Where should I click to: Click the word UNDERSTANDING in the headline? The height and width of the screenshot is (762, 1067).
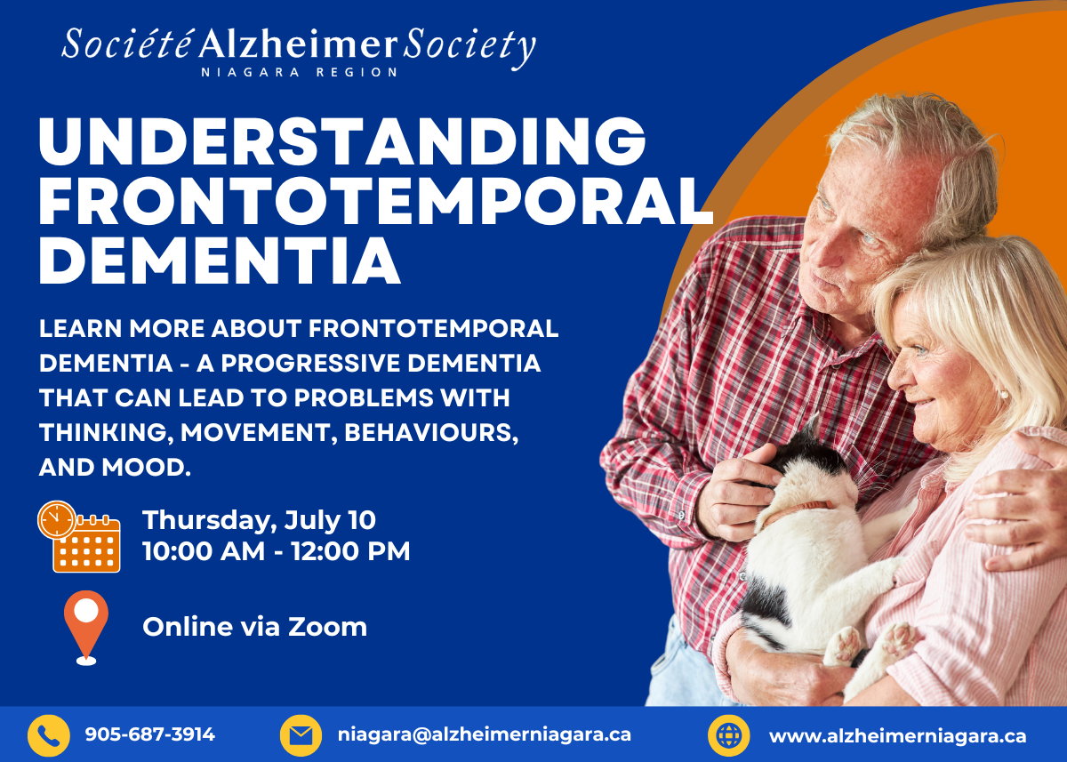(342, 141)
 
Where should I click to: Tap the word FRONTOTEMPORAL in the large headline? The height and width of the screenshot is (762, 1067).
(375, 200)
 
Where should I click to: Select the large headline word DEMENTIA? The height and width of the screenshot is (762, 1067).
(220, 260)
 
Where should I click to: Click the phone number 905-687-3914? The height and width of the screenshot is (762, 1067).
(150, 734)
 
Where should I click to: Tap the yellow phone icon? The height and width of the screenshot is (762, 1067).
(49, 735)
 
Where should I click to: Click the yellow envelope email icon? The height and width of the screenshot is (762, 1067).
(301, 735)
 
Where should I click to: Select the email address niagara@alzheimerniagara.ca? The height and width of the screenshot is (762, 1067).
(485, 734)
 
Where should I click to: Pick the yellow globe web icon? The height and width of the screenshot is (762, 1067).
(729, 735)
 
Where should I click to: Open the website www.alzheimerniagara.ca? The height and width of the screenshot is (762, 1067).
(897, 736)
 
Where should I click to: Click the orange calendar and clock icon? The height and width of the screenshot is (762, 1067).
(79, 536)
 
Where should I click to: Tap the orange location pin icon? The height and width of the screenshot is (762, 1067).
(86, 628)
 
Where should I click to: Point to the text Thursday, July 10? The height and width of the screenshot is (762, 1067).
(259, 520)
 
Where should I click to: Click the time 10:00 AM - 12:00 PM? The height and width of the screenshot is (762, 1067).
(277, 551)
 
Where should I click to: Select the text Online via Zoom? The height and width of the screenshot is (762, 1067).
(255, 627)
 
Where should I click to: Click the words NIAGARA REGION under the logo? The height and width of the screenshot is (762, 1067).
(299, 72)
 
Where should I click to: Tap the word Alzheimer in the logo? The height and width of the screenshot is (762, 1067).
(298, 45)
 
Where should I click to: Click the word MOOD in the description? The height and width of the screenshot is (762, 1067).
(146, 467)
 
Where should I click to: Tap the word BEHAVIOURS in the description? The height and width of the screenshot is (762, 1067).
(431, 433)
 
